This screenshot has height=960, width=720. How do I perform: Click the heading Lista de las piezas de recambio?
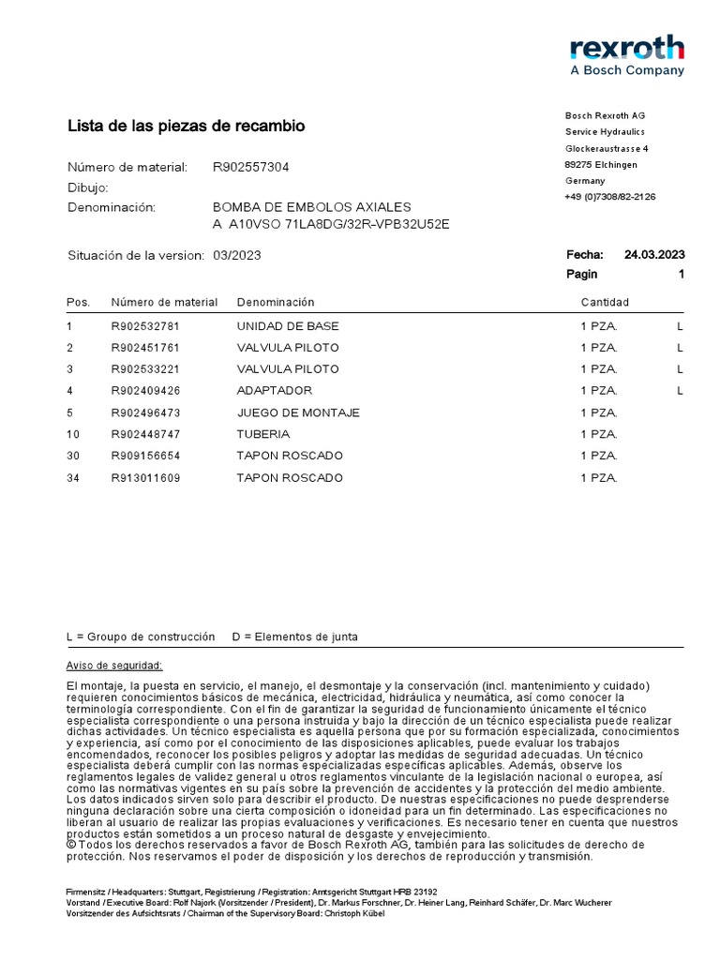[186, 126]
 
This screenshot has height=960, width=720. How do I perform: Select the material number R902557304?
[251, 167]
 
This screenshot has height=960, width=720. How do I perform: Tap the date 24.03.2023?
[653, 254]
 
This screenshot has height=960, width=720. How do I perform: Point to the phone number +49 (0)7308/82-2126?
[609, 197]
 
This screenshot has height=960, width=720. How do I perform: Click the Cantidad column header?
[605, 302]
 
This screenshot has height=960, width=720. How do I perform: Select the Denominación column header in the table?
[276, 302]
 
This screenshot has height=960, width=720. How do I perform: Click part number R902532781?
[144, 326]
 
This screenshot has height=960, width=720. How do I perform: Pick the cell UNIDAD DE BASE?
[288, 326]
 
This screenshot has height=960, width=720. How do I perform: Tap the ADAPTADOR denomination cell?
[274, 390]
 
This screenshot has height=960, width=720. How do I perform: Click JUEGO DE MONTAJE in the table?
[298, 412]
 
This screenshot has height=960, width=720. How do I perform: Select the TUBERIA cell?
[263, 434]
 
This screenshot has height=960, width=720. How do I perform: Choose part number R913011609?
[144, 478]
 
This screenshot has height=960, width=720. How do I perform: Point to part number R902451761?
[144, 348]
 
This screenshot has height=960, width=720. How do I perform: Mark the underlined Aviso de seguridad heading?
[114, 666]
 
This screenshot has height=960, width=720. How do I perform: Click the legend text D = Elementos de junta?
[294, 637]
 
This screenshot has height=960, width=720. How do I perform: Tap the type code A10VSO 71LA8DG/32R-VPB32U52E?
[332, 224]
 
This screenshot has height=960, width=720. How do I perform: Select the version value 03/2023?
[237, 255]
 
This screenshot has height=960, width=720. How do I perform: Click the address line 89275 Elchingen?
[601, 165]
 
